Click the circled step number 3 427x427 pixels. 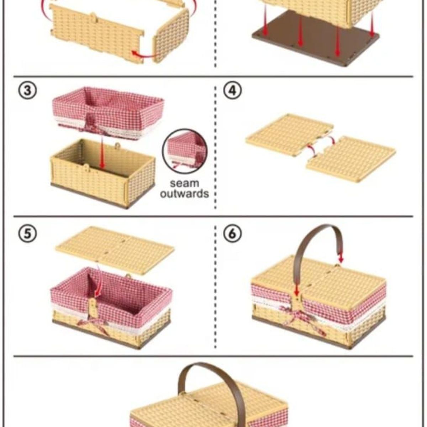click(x=27, y=91)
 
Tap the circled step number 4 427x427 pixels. click(x=233, y=91)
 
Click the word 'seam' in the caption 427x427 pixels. click(x=184, y=184)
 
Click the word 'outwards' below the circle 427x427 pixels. click(x=184, y=194)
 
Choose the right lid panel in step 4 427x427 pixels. click(x=351, y=159)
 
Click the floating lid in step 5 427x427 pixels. click(x=115, y=251)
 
